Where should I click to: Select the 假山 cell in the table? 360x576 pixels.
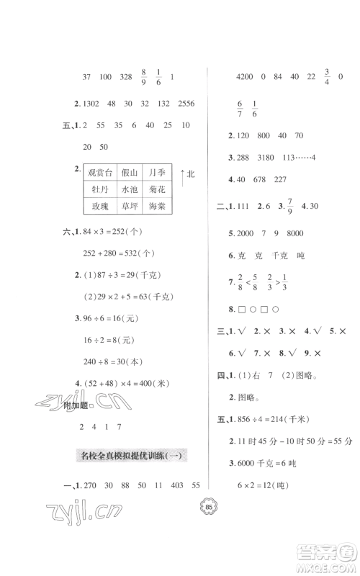point(130,174)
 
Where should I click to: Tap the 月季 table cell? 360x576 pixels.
point(162,174)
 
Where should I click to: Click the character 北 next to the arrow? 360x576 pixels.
point(190,175)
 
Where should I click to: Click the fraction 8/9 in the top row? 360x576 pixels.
point(145,76)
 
